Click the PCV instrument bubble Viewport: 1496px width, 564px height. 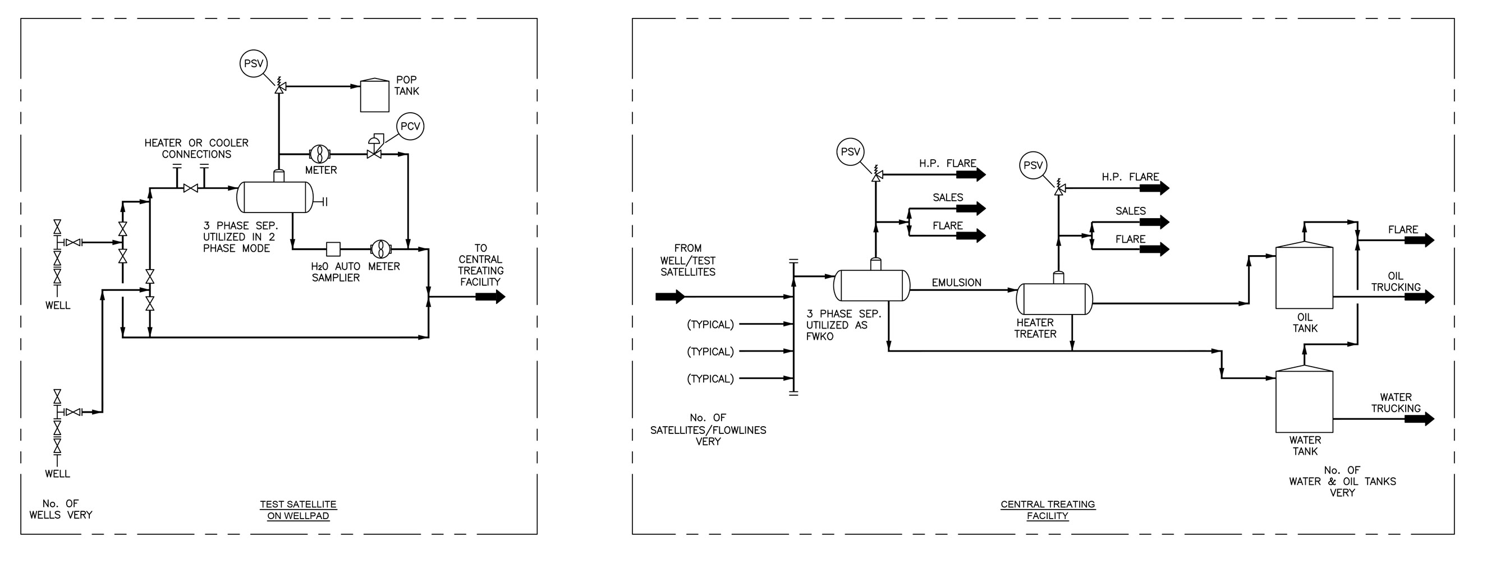(x=410, y=127)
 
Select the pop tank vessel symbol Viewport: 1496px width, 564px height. (x=375, y=96)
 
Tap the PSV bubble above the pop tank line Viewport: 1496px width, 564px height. (x=253, y=63)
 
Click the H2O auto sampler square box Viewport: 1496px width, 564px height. (x=333, y=249)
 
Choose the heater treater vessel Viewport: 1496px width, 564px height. (x=1054, y=299)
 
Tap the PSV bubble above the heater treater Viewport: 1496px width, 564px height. (x=1032, y=165)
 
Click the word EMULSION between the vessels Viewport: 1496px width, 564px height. (x=957, y=283)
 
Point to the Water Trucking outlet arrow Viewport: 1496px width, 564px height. (x=1419, y=418)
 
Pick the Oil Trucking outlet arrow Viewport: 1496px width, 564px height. (x=1419, y=297)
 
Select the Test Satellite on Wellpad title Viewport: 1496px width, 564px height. (x=298, y=510)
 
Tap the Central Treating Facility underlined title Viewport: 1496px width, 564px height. (x=1048, y=510)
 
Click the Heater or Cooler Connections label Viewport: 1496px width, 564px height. (x=196, y=149)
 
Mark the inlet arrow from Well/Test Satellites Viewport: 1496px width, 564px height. (x=670, y=297)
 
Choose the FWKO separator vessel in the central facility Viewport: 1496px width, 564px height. (x=871, y=285)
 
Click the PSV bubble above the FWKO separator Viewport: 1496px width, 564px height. (x=850, y=152)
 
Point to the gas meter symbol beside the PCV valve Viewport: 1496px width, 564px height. (x=319, y=154)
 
